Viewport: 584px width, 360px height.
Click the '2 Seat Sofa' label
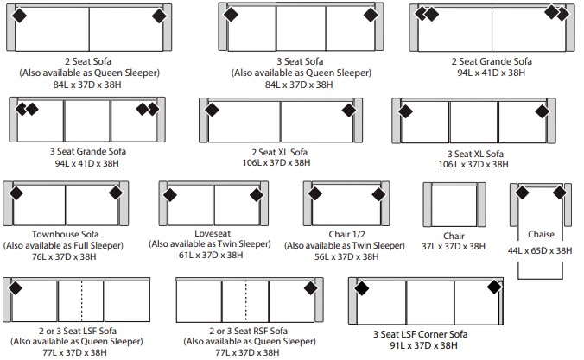click(x=88, y=61)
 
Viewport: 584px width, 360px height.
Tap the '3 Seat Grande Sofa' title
click(x=88, y=151)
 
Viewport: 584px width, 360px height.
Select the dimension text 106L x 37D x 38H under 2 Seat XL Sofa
click(x=276, y=162)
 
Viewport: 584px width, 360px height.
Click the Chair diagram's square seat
click(x=454, y=205)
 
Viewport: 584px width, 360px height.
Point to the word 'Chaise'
click(x=541, y=234)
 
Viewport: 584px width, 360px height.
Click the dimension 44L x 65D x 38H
click(x=540, y=250)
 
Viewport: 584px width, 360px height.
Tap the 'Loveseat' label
click(x=213, y=233)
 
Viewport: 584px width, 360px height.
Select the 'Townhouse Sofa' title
click(x=65, y=234)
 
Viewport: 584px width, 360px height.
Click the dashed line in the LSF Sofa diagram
click(x=81, y=300)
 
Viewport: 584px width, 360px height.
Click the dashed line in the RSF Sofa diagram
click(x=246, y=300)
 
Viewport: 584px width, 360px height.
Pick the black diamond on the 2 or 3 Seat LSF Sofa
click(x=16, y=287)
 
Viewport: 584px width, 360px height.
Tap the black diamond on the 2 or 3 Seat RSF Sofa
click(x=311, y=288)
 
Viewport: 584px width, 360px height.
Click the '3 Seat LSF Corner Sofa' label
click(x=421, y=334)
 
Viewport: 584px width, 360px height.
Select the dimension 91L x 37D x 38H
click(x=424, y=345)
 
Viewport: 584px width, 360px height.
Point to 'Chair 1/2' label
click(x=346, y=234)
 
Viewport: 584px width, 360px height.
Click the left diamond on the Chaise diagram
click(x=522, y=193)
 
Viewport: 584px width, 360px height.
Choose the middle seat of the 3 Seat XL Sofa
click(x=473, y=122)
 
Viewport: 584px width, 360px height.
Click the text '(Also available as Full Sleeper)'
click(x=63, y=246)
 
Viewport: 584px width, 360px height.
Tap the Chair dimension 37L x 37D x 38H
click(x=454, y=246)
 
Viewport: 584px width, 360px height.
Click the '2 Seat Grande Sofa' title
click(x=492, y=61)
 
